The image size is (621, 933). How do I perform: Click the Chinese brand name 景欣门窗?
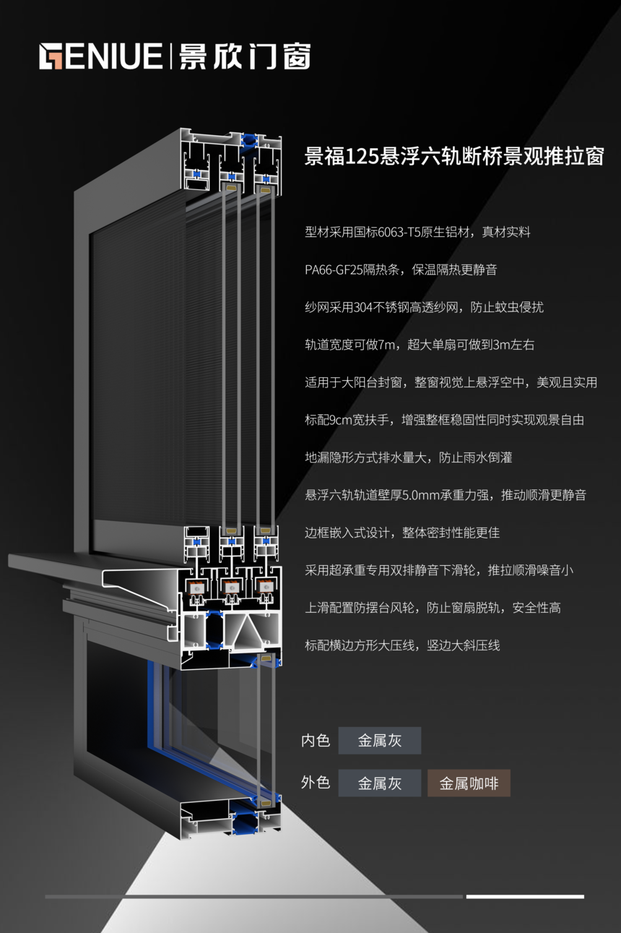coord(245,56)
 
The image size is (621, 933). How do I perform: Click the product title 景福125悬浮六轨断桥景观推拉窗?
coord(453,156)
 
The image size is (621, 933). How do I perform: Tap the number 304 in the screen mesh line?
coord(362,307)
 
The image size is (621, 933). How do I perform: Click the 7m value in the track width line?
coord(388,345)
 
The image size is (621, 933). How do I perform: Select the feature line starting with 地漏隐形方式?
coord(408,457)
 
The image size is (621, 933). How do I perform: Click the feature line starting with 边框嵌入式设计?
coord(401,533)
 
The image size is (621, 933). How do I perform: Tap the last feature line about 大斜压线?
coord(401,645)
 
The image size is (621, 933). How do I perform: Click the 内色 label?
coord(316,741)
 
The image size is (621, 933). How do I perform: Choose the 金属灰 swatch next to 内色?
coord(380,741)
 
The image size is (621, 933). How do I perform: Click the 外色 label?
coord(316,783)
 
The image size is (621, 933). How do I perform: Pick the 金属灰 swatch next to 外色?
coord(380,783)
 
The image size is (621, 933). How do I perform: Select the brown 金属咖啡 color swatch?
coord(469,783)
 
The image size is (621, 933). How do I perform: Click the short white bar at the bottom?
coord(525,897)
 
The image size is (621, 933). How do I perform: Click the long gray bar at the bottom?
coord(253,897)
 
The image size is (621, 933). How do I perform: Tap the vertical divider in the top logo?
coord(170,56)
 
